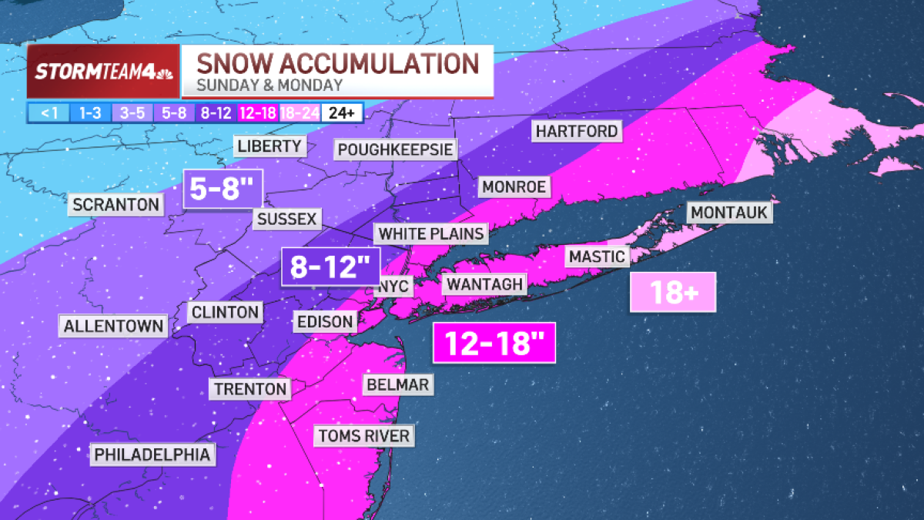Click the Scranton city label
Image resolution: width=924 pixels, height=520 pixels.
point(116,205)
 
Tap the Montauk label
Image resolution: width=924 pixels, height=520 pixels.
point(729,212)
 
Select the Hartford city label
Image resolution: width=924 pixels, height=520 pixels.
point(577,131)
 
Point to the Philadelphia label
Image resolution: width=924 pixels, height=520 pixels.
point(152,455)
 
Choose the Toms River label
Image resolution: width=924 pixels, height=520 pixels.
point(364,436)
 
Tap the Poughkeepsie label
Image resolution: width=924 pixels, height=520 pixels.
point(395,149)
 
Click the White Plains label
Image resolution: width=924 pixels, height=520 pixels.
point(432,233)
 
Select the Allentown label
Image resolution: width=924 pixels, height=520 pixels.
point(113,326)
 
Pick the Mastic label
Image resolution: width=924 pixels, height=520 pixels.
point(597,257)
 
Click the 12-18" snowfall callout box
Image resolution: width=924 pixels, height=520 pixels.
point(494,343)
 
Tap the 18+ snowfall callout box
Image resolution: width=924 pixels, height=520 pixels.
point(673,292)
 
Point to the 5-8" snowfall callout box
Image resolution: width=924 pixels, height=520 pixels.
point(223,189)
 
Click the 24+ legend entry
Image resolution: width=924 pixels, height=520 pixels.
point(341,112)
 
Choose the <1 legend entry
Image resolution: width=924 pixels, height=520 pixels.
point(49,112)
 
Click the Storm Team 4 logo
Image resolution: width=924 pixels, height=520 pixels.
point(103,72)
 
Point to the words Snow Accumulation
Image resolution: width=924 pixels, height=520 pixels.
point(338,62)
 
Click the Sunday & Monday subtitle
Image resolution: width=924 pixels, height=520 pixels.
point(269,86)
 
